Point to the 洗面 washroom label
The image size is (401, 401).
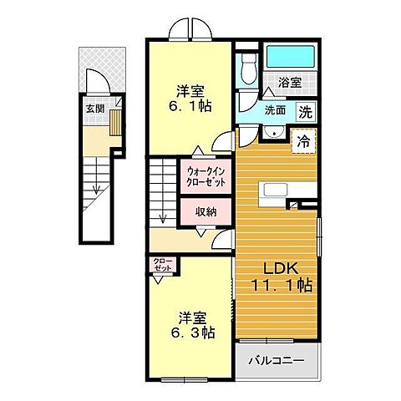[x=276, y=109]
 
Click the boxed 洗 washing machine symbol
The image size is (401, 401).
[x=306, y=109]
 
